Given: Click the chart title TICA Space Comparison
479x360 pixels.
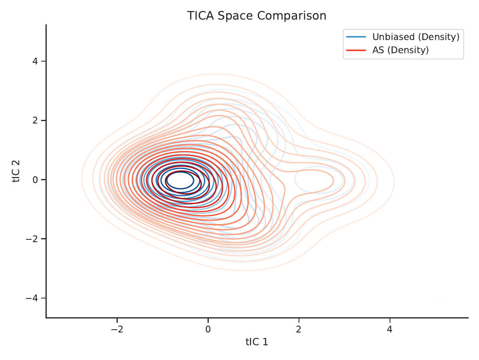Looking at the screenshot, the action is [x=257, y=16].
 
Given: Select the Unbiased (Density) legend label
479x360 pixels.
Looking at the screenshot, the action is [x=416, y=37].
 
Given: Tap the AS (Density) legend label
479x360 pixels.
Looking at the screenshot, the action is [x=400, y=50].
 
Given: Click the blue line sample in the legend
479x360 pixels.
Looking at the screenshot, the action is [x=356, y=37].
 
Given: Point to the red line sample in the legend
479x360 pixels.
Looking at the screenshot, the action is [x=356, y=50].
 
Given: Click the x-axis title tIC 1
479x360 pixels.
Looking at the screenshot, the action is [x=257, y=342].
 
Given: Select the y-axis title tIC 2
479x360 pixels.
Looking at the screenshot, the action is [x=16, y=171].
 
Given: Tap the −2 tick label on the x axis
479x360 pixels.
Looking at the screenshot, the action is [x=117, y=329].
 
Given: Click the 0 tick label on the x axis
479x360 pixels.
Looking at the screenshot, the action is [x=208, y=329].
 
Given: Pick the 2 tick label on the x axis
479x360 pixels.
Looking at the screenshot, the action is [x=299, y=329].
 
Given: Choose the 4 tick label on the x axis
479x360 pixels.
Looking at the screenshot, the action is [x=390, y=329].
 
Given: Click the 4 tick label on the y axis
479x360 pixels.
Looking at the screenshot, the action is [x=35, y=61].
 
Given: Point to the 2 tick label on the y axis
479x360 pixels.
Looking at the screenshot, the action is [x=35, y=120].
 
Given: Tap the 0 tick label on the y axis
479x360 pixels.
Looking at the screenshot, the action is [x=35, y=179].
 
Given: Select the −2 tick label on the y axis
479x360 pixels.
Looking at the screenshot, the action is [x=32, y=239].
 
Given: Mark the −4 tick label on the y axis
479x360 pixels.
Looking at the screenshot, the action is [x=32, y=298].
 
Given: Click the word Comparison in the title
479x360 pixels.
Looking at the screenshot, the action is [x=292, y=16].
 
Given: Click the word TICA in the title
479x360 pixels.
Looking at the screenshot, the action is [x=200, y=16].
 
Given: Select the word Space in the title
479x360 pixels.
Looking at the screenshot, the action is [x=235, y=16].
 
